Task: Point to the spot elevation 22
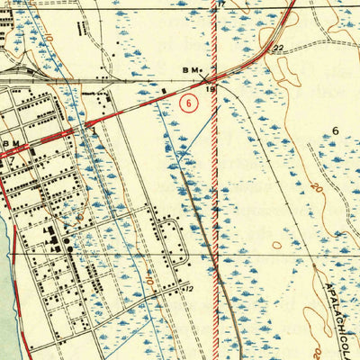click(x=280, y=47)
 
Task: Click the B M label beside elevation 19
click(x=191, y=68)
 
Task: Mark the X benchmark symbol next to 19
click(x=206, y=69)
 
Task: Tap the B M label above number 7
click(x=11, y=142)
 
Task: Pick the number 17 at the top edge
click(x=218, y=4)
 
